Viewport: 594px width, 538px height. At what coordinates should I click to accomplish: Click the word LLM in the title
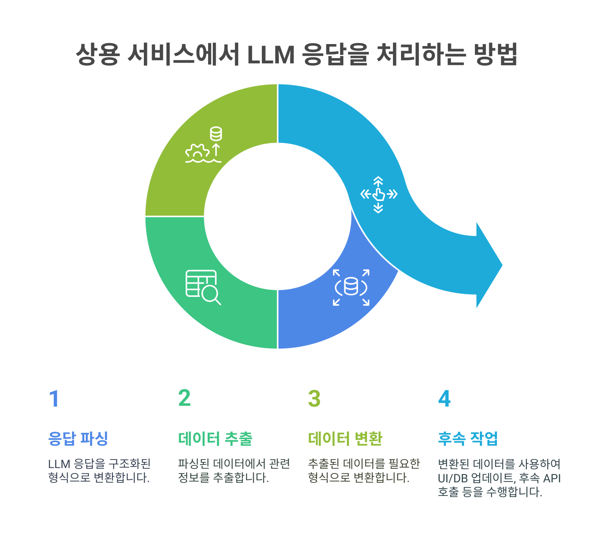[x=270, y=55]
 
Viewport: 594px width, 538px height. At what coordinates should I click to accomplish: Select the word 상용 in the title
[x=97, y=55]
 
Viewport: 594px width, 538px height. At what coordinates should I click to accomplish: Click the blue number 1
[x=54, y=399]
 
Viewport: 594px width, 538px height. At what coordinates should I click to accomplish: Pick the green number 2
[x=184, y=398]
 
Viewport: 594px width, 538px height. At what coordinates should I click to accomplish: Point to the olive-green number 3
[x=314, y=399]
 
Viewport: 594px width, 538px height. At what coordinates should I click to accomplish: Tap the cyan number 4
[x=444, y=399]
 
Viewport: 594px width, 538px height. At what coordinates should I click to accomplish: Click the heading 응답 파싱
[x=79, y=438]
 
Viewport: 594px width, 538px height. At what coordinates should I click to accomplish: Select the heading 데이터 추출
[x=215, y=438]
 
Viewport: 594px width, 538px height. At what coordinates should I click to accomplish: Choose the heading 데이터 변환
[x=345, y=438]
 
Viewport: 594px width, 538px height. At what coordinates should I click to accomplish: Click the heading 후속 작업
[x=468, y=438]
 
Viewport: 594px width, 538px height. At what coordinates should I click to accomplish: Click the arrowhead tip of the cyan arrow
[x=502, y=265]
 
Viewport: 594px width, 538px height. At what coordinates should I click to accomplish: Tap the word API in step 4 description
[x=552, y=478]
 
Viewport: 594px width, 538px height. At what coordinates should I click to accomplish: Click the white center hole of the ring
[x=277, y=216]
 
